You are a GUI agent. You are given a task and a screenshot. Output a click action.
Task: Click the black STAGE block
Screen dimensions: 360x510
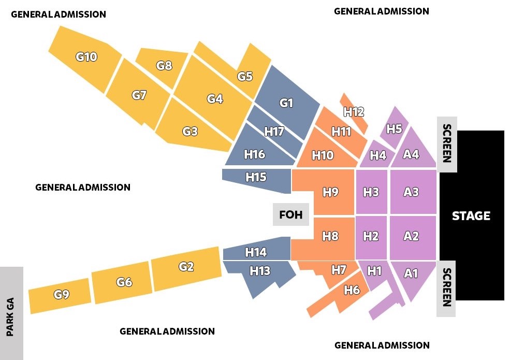(471, 215)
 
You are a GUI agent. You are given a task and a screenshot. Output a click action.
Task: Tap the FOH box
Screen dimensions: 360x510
(290, 214)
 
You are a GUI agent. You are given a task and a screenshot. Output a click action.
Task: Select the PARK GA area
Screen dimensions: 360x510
(11, 313)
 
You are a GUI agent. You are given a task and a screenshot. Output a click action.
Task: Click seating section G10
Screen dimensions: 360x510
(86, 57)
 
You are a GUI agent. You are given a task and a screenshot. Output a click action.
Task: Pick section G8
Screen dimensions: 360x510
(164, 66)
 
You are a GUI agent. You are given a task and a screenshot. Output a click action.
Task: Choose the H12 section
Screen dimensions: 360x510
(354, 111)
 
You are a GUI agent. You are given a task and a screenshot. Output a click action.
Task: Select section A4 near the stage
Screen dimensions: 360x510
(411, 154)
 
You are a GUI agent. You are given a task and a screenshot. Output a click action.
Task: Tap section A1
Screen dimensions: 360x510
(411, 273)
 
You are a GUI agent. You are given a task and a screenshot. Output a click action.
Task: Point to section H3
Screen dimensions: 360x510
(371, 192)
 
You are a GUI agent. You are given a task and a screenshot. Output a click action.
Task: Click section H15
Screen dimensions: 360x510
(256, 177)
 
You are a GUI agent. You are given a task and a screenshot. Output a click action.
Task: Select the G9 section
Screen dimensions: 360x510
(62, 295)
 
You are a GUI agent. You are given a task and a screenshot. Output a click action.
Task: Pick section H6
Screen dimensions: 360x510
(352, 290)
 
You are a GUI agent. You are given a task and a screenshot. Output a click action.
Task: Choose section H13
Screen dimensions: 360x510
(260, 271)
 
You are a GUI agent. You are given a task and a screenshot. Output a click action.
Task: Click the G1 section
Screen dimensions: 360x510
(286, 103)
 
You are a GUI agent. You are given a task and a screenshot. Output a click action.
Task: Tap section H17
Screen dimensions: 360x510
(274, 131)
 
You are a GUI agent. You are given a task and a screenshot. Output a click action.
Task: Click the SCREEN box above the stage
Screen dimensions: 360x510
(447, 143)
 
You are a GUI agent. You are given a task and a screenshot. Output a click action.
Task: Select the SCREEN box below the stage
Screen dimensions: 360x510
(447, 287)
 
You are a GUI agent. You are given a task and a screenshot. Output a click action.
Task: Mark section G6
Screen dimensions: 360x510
(124, 282)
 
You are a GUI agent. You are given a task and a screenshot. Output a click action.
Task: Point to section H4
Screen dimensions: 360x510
(378, 155)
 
